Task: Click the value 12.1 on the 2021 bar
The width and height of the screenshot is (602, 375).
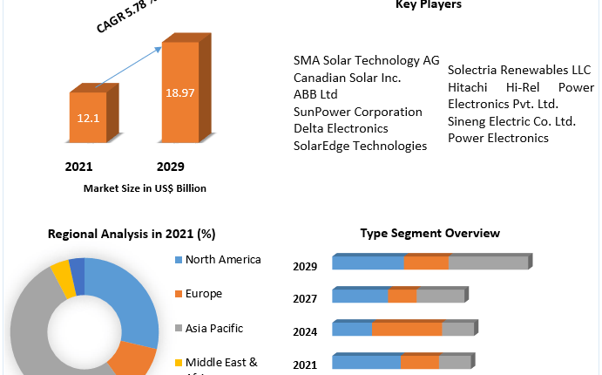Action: [87, 116]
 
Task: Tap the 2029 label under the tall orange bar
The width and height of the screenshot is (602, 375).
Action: [170, 166]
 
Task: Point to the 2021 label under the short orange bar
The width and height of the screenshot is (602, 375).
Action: [80, 166]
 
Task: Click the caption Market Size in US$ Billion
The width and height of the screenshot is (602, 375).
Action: [145, 187]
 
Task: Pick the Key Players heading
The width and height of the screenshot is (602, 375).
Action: [428, 5]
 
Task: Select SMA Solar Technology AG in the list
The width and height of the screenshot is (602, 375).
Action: [367, 60]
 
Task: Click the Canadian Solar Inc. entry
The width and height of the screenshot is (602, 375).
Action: [348, 78]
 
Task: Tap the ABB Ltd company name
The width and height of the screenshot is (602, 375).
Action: [315, 94]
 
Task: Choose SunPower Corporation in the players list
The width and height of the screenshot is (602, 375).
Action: [358, 112]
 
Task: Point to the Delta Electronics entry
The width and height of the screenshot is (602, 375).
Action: [341, 128]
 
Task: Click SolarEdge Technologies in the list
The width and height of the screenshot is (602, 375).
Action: [361, 146]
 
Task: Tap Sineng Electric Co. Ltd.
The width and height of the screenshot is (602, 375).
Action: [511, 120]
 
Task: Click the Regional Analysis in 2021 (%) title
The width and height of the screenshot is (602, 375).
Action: [132, 234]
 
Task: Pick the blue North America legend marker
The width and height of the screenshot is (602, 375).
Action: [179, 260]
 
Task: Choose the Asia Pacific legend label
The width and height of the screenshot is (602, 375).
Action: [214, 328]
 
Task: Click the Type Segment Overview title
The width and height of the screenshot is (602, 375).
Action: [430, 233]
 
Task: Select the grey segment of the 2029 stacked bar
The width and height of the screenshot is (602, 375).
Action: [488, 262]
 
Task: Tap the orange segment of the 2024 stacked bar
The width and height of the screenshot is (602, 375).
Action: [407, 329]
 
